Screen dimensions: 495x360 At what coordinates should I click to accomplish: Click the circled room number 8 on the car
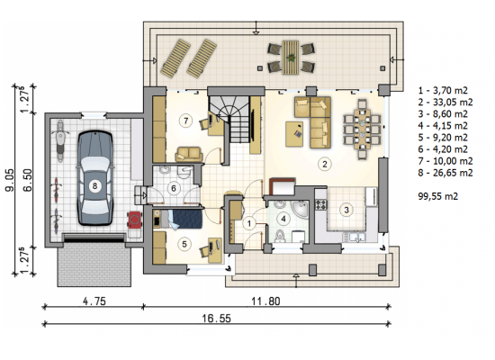94,185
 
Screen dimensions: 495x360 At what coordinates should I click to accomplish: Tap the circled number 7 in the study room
185,121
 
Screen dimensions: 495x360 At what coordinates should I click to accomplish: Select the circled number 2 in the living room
324,164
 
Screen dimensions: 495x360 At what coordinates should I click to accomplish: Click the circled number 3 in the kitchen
346,210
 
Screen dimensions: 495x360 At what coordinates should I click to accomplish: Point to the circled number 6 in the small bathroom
174,188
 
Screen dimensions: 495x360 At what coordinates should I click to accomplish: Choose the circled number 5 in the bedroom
184,244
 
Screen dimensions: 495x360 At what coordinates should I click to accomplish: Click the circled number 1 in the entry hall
249,223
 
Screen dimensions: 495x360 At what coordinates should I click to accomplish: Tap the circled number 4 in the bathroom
283,219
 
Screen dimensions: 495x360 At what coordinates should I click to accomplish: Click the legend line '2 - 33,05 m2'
445,102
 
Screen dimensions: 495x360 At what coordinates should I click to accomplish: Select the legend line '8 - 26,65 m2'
445,173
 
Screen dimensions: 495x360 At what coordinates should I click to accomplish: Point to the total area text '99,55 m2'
438,196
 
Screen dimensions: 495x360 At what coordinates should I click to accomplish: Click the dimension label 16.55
216,319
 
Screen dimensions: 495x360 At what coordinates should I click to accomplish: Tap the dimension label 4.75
94,301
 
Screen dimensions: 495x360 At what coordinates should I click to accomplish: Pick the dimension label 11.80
265,301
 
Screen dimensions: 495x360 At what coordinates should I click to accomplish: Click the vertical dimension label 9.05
10,180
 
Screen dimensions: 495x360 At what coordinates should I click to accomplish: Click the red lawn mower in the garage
135,220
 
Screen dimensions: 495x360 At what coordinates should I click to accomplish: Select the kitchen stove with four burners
321,204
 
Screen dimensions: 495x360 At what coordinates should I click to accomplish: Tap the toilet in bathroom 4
279,236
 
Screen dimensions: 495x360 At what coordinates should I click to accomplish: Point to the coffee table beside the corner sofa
294,134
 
